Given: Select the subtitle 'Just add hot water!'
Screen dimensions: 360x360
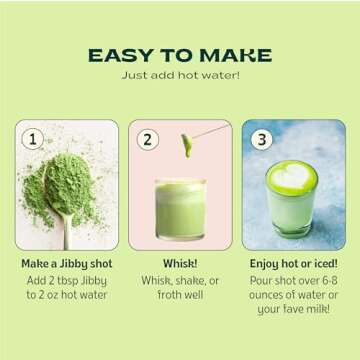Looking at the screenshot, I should [180, 76].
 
